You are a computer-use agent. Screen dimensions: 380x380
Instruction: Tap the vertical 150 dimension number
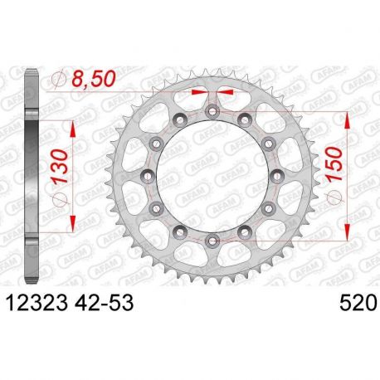(x=338, y=173)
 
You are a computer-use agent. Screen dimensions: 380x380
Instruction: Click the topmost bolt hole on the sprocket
(x=212, y=110)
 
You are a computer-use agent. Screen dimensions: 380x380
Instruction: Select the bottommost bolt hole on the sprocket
(x=212, y=241)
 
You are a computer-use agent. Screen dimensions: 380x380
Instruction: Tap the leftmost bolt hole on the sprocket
(x=147, y=175)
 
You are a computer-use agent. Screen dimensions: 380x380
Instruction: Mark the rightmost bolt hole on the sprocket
(x=278, y=175)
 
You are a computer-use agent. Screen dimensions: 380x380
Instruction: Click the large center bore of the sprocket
(x=212, y=175)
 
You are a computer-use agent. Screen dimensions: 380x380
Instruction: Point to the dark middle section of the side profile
(x=32, y=175)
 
